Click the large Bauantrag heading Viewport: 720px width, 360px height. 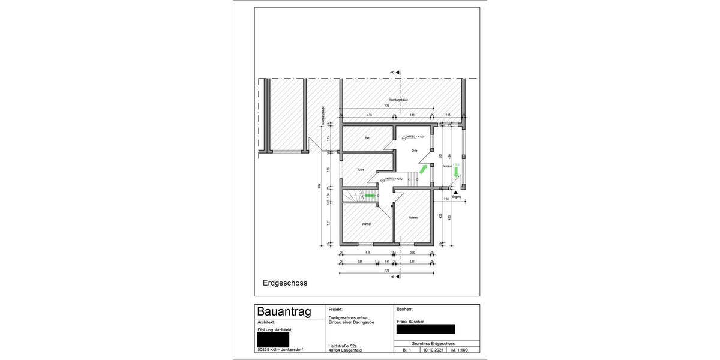[x=284, y=311]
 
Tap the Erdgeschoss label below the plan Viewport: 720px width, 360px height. [x=284, y=282]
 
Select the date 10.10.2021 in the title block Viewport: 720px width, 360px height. [x=434, y=349]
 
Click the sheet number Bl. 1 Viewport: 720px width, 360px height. [x=406, y=349]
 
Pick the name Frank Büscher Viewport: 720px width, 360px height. [x=410, y=322]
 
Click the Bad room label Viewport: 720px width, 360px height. [x=367, y=138]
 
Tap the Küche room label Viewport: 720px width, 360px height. [x=361, y=170]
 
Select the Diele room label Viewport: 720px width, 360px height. [x=414, y=151]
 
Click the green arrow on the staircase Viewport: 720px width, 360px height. [x=370, y=196]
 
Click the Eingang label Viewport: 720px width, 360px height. [x=456, y=197]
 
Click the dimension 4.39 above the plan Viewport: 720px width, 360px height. [x=370, y=115]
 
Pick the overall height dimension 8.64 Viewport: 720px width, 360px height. [x=319, y=185]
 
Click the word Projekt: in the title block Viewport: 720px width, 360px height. [x=337, y=309]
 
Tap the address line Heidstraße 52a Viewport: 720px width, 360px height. [x=343, y=346]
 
